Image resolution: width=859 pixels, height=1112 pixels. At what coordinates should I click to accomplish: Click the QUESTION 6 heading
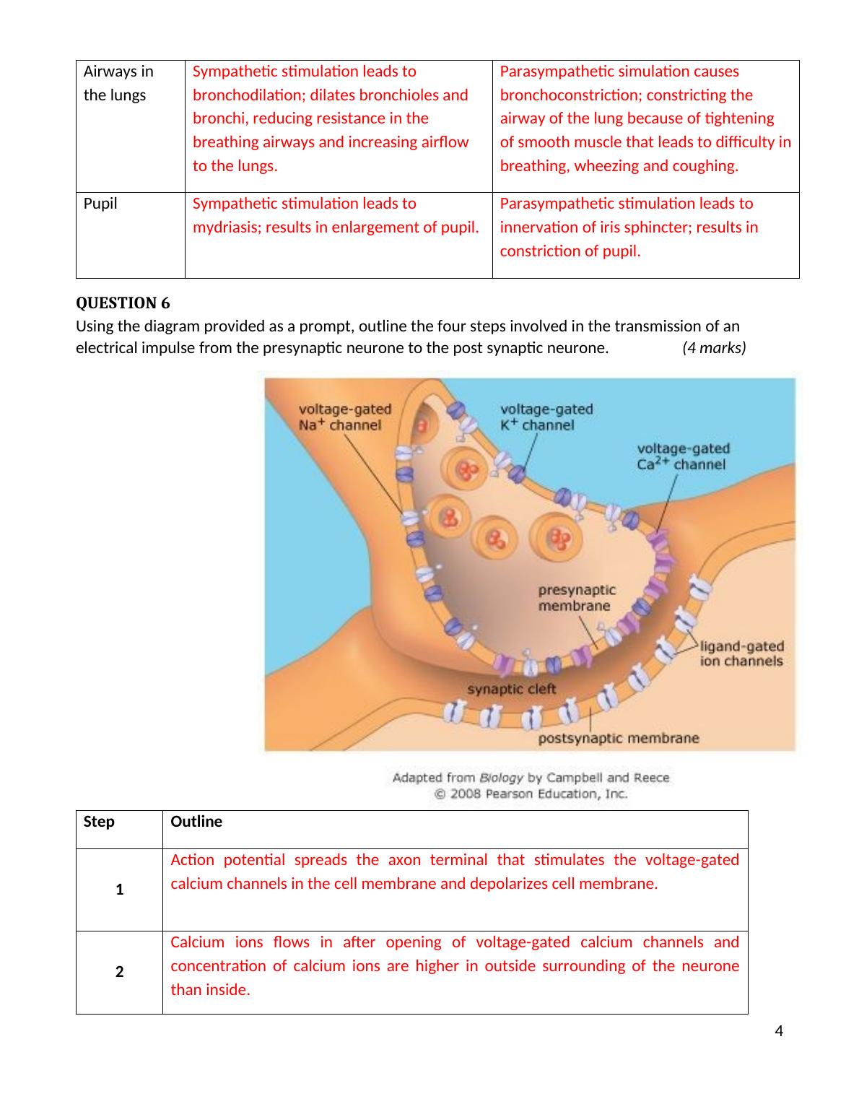pos(123,303)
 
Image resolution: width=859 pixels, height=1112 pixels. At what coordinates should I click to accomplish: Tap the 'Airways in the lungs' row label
pos(118,83)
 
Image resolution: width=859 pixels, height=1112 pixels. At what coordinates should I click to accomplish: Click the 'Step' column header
pos(99,821)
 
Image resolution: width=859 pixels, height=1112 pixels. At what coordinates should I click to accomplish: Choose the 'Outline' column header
pos(196,821)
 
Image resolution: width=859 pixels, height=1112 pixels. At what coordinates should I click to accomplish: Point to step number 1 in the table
pos(120,890)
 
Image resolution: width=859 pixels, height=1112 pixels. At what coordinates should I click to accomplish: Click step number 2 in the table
pos(120,971)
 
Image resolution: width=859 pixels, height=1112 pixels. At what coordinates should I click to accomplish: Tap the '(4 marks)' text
pos(714,348)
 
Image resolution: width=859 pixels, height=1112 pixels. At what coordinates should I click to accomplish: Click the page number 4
pos(779,1030)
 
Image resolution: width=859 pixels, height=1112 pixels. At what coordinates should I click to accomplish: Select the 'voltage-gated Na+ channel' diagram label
pos(345,417)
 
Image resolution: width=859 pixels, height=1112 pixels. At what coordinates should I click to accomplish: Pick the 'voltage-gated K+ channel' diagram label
pos(546,417)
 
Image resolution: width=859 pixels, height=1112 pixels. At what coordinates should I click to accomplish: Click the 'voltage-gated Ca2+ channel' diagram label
pos(683,456)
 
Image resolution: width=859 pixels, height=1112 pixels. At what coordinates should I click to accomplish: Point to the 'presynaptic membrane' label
pos(577,598)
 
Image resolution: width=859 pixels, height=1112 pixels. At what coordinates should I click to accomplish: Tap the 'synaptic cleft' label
pos(511,689)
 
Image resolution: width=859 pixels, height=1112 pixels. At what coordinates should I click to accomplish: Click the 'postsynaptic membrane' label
pos(618,738)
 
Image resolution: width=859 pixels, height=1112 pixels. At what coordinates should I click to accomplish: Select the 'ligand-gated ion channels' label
pos(741,653)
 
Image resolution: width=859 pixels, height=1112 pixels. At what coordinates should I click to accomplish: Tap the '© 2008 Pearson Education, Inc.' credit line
pos(531,794)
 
